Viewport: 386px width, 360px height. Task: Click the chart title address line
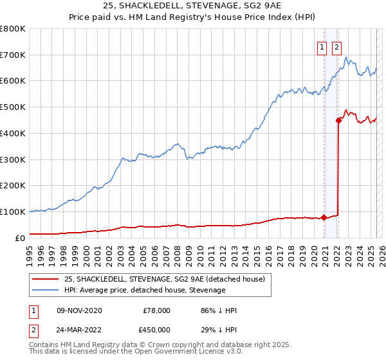tap(193, 4)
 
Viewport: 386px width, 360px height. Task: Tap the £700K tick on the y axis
tap(12, 55)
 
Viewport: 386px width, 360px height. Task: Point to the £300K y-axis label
tap(12, 159)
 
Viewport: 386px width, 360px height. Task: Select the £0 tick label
tap(19, 237)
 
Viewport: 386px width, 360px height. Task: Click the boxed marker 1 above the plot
tap(321, 46)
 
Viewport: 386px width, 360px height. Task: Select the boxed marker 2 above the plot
tap(336, 46)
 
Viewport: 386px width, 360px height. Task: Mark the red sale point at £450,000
tap(338, 120)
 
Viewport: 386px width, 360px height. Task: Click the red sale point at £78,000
tap(324, 217)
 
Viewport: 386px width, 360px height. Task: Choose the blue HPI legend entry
tap(145, 290)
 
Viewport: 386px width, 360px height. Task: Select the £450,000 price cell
tap(156, 330)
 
